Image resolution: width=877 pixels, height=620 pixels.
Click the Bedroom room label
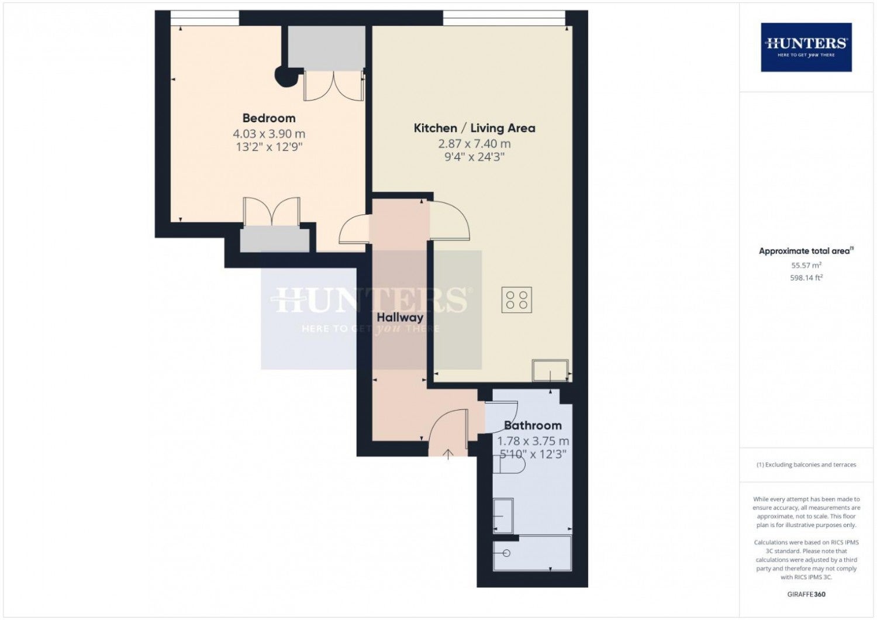pos(268,118)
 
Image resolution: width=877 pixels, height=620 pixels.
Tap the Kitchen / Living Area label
pos(475,128)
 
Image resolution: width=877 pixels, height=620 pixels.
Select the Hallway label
pos(400,317)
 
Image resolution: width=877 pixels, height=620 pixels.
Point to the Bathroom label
pos(533,425)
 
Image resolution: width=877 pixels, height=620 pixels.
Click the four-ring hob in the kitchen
pos(516,299)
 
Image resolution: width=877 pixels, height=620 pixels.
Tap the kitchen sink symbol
pos(550,370)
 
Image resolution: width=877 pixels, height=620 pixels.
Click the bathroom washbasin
pos(503,516)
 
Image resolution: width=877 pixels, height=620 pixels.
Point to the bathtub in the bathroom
pos(532,553)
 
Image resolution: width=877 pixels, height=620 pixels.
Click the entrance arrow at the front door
pos(448,454)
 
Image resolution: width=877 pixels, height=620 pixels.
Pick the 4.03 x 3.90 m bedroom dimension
pos(269,134)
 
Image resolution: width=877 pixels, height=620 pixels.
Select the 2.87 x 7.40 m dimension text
pos(474,144)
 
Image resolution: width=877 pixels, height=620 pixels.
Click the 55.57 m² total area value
pos(806,265)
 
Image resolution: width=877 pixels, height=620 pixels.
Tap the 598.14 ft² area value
pos(806,278)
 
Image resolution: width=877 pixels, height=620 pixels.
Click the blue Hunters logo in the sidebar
pos(806,47)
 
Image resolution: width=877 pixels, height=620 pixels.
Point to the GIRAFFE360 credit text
pos(806,594)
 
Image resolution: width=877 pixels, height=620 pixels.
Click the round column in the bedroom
pos(286,77)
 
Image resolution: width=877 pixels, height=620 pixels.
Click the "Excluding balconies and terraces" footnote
pos(806,464)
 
